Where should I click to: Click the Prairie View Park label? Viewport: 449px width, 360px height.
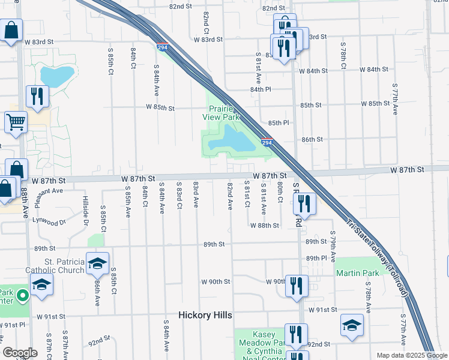[224, 113]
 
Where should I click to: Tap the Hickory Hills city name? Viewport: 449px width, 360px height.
[205, 315]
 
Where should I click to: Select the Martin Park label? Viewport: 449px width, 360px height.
[357, 273]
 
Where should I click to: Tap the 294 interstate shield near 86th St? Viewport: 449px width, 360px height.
[267, 143]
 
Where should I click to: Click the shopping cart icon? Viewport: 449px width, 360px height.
[16, 122]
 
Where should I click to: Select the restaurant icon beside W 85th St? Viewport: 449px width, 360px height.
[37, 96]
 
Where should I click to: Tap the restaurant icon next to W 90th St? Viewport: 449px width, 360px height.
[296, 286]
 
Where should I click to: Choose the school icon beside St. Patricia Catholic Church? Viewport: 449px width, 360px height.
[97, 263]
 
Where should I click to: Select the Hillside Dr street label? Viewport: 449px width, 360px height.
[86, 213]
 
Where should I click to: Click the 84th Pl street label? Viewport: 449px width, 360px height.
[261, 89]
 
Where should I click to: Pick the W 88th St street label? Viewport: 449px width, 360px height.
[265, 226]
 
